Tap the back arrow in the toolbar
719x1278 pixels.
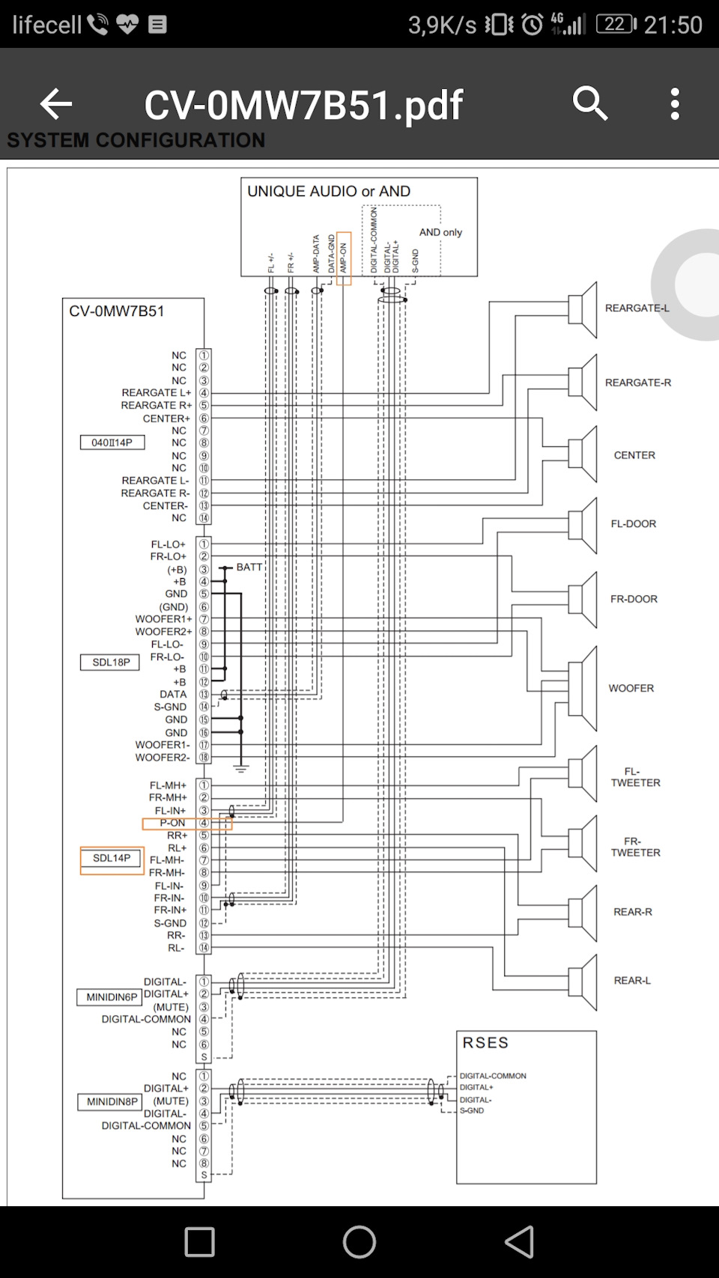[x=56, y=104]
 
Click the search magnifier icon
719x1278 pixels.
[x=589, y=103]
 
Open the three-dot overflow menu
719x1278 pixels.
[x=675, y=104]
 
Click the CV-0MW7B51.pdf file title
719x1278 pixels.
[x=303, y=106]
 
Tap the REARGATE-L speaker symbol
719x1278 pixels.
[x=583, y=310]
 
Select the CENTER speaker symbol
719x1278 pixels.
[x=583, y=454]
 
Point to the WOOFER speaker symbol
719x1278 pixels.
[x=583, y=689]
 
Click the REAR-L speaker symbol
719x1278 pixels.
[x=583, y=982]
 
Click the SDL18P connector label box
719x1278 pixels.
[x=110, y=663]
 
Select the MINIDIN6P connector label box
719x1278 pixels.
[x=111, y=996]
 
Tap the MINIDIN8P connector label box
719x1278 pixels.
[x=111, y=1102]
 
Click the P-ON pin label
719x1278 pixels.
[x=172, y=823]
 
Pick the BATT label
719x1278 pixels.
[x=249, y=567]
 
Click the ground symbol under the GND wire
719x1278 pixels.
[x=241, y=768]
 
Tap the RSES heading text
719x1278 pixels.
[x=485, y=1043]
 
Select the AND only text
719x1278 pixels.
[x=440, y=232]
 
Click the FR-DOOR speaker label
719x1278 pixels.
[x=634, y=599]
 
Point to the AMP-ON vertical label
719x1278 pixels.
[x=344, y=258]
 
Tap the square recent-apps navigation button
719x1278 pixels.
[x=200, y=1242]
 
